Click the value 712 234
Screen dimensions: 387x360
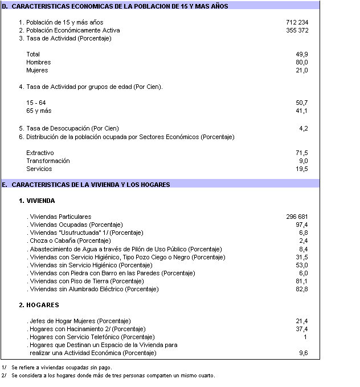coord(296,22)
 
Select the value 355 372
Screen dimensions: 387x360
coord(296,30)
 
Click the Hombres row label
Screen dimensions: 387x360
coord(38,63)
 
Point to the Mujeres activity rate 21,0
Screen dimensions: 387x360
coord(302,71)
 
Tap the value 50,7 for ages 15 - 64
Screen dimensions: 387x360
coord(302,103)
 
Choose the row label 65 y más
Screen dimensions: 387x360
coord(39,111)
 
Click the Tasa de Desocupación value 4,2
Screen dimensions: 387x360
coord(304,129)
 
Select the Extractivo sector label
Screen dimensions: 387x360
coord(40,153)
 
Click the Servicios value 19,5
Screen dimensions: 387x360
coord(302,169)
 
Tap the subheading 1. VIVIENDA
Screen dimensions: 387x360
coord(36,201)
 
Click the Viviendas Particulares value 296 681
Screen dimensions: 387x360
coord(296,217)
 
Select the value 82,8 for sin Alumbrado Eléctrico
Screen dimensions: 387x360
coord(302,290)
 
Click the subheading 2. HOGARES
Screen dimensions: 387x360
coord(39,305)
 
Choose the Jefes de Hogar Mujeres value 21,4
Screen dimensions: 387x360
coord(302,321)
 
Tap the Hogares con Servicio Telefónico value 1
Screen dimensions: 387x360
coord(305,337)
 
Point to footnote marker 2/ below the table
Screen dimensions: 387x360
coord(4,376)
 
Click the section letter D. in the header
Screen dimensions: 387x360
coord(5,6)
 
